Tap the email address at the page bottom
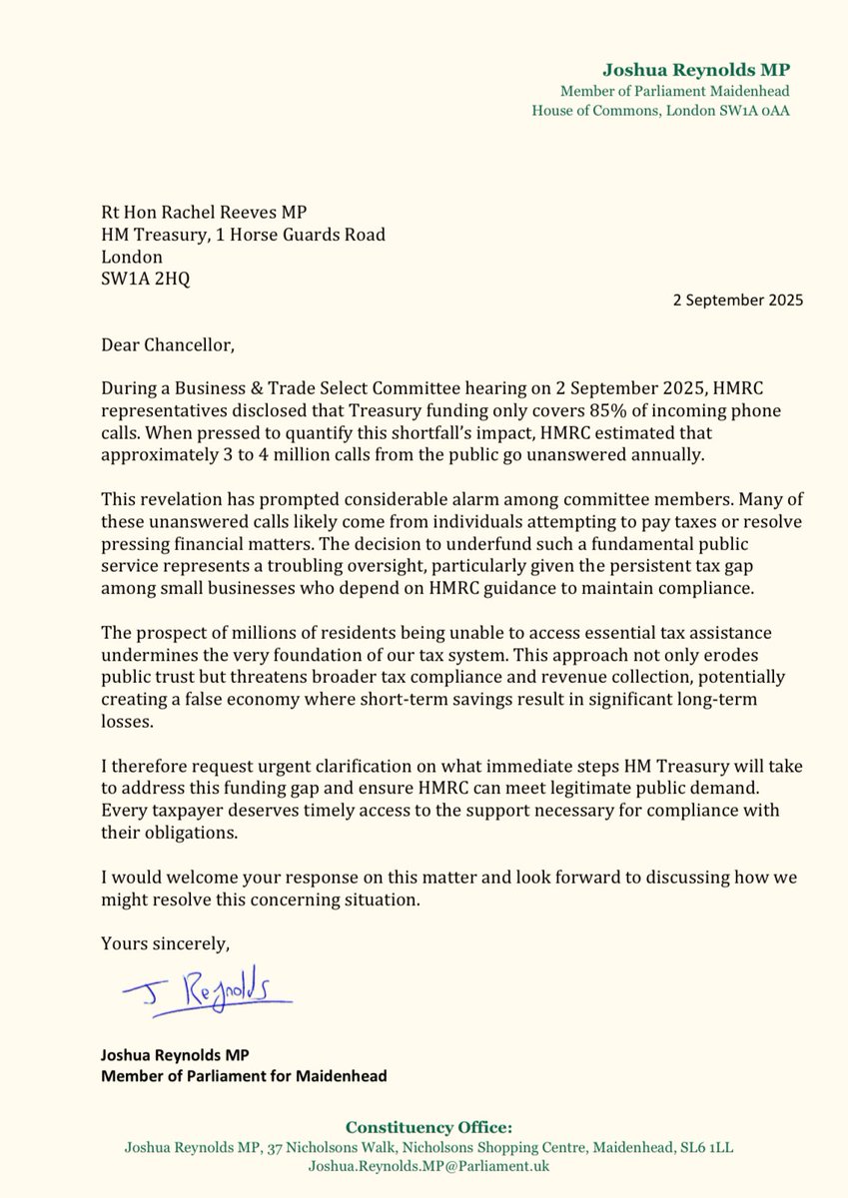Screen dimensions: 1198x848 coord(428,1165)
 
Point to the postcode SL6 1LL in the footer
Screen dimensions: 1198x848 coord(703,1147)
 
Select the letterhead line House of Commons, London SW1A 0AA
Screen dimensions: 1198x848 coord(660,109)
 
